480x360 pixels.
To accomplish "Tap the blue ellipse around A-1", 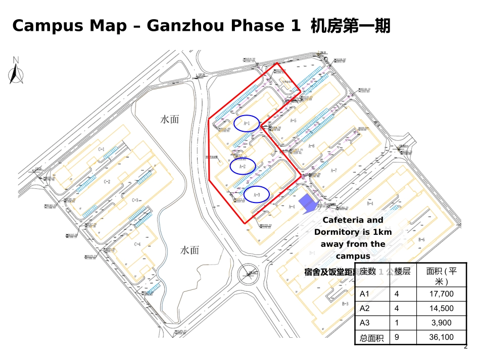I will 247,123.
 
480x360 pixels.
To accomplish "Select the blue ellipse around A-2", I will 242,166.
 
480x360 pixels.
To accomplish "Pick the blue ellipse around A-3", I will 256,194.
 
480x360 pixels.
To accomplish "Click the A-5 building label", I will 293,121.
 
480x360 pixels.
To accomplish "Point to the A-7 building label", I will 333,171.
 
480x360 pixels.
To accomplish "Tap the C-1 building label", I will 101,149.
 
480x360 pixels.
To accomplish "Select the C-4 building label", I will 136,244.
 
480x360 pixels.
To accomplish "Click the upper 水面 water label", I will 169,120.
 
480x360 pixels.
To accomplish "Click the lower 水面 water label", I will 189,250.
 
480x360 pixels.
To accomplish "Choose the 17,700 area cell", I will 441,294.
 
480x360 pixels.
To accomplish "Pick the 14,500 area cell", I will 441,308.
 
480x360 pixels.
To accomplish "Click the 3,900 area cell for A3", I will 441,323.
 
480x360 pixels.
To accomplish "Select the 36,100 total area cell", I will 441,337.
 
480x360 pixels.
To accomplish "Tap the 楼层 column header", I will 402,271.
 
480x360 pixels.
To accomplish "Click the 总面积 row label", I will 371,338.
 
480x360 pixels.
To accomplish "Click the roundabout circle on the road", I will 249,273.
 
